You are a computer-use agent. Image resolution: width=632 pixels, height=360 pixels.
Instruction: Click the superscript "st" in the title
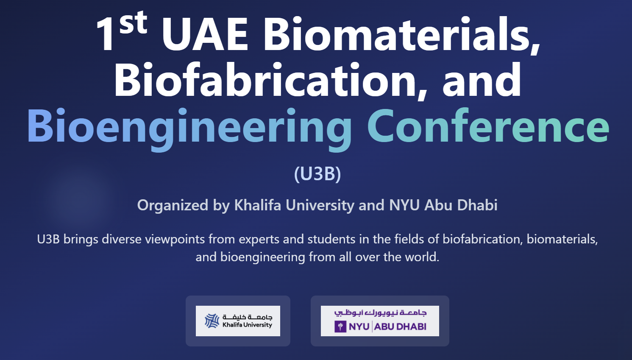click(133, 23)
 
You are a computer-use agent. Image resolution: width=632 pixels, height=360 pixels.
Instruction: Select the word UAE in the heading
click(205, 35)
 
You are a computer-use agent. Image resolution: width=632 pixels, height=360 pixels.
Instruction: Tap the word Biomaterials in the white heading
click(401, 35)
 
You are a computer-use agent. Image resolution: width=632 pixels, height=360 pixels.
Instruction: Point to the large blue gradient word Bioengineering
click(189, 126)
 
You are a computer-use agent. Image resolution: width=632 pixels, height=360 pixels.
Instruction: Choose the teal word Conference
click(488, 126)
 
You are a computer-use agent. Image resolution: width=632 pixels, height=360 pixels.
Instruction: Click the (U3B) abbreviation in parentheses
click(317, 174)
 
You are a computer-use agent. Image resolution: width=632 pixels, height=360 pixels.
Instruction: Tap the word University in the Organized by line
click(320, 205)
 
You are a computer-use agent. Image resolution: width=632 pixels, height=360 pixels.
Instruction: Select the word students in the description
click(332, 239)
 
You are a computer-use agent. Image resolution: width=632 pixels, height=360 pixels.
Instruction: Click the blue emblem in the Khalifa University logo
click(212, 321)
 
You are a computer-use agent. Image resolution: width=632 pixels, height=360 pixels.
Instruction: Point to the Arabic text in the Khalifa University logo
click(248, 317)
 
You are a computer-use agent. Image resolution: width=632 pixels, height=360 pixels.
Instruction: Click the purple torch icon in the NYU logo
click(340, 327)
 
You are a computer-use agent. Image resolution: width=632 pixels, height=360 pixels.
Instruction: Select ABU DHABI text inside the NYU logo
click(400, 327)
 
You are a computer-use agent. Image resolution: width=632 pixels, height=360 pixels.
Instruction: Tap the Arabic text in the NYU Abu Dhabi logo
click(380, 313)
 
